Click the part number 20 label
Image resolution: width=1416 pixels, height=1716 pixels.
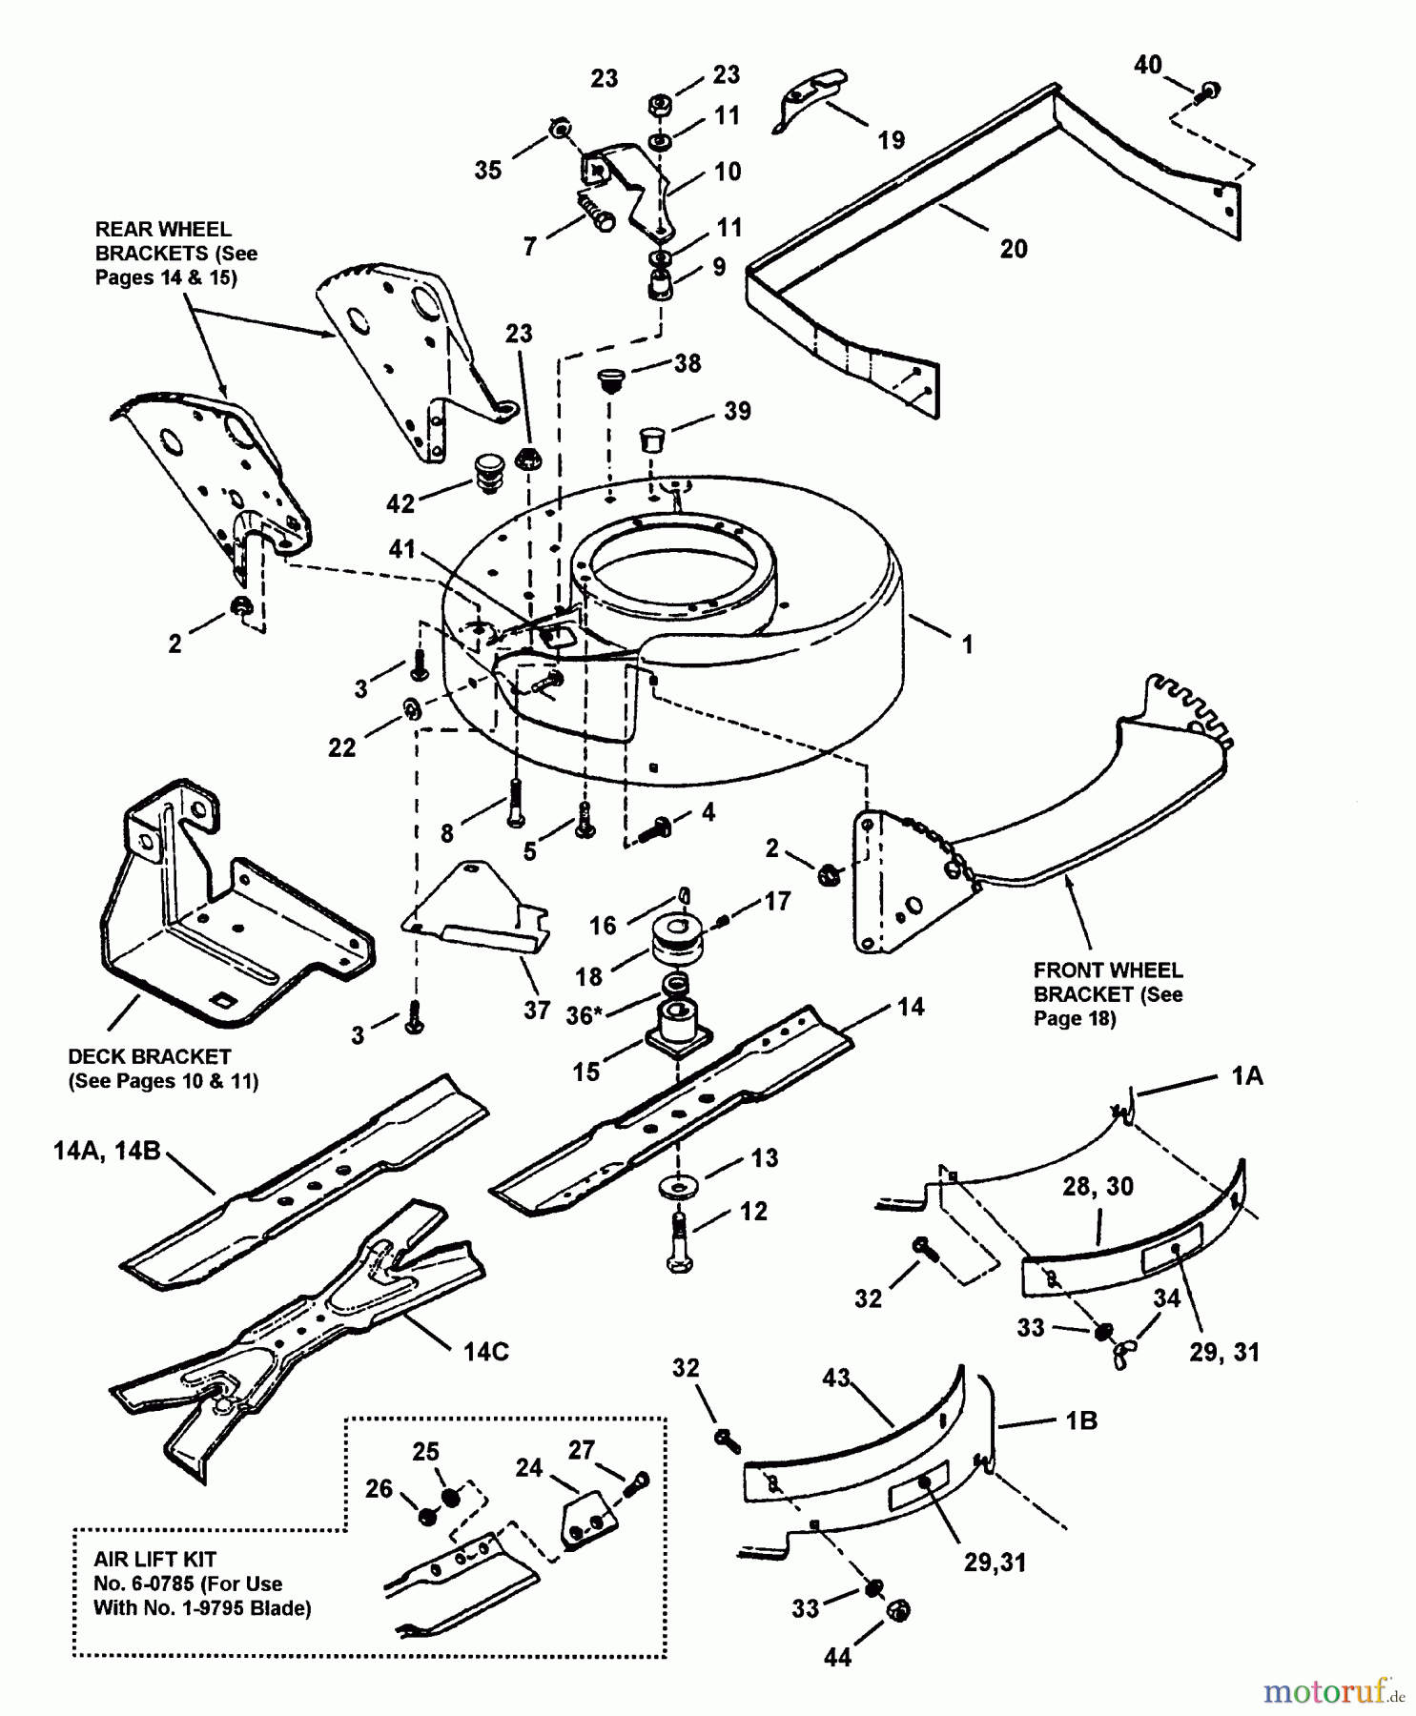(x=1014, y=249)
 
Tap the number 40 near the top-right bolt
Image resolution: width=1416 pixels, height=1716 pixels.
(x=1147, y=64)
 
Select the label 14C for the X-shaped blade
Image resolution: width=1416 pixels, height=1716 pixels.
(x=485, y=1352)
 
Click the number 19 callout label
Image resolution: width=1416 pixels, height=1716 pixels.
(x=891, y=141)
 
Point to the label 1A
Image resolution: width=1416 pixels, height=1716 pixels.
(x=1246, y=1075)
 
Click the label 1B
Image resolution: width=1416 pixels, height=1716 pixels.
(x=1081, y=1420)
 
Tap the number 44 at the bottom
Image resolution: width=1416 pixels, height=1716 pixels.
(x=836, y=1658)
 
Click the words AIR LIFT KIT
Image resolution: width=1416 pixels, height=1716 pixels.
(x=154, y=1560)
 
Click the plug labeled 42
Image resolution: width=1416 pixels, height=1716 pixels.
(x=488, y=475)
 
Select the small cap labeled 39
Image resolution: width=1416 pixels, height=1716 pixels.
(x=650, y=441)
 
